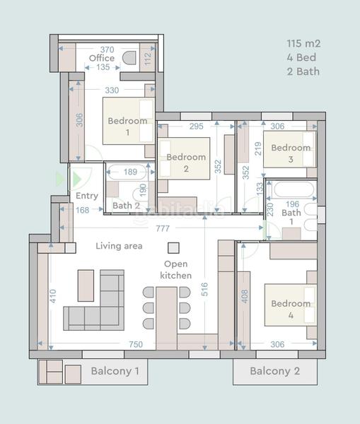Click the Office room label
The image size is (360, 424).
(x=102, y=58)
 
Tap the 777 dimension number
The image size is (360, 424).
(x=164, y=228)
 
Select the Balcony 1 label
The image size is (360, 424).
(x=115, y=371)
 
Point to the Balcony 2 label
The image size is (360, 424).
(x=274, y=371)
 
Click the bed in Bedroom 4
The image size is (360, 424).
(x=289, y=305)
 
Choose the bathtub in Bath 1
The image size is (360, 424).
(x=294, y=190)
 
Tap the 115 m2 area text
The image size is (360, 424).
(x=303, y=44)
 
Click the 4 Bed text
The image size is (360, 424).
(x=301, y=57)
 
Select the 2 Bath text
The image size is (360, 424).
(x=303, y=71)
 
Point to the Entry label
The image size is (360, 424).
(x=86, y=196)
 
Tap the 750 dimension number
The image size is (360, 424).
(x=136, y=345)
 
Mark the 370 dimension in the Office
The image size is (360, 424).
(x=106, y=49)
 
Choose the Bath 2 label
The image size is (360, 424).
(x=126, y=206)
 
